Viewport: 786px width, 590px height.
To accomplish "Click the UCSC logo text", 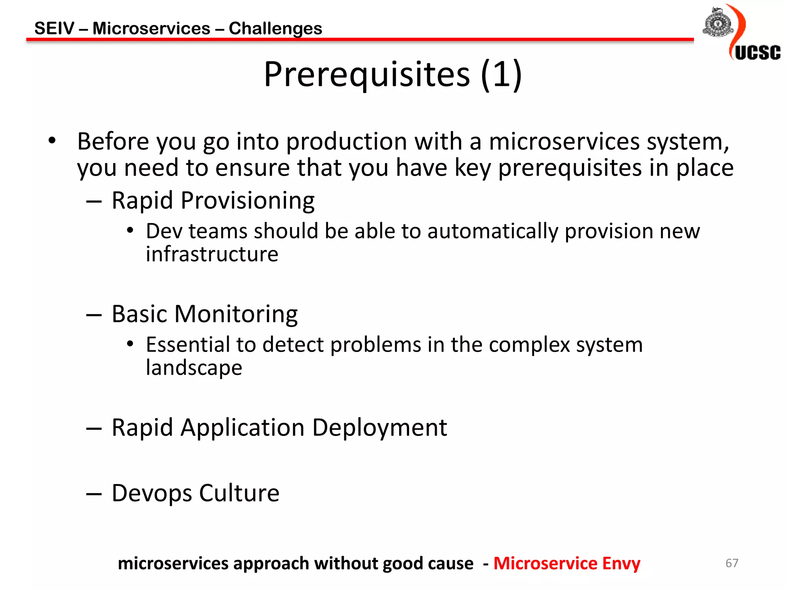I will click(757, 53).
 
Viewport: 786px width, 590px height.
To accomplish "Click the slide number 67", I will click(732, 563).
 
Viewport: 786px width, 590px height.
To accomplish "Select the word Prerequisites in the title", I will click(367, 74).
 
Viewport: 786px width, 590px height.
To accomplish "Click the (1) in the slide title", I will click(501, 74).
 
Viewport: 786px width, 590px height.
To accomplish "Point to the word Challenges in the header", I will click(275, 28).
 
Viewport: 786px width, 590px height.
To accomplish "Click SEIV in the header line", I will click(54, 28).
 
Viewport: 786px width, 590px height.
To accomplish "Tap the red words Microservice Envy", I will click(566, 563).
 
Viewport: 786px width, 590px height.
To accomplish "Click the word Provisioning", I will click(248, 201).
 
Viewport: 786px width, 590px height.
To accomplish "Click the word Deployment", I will click(379, 428).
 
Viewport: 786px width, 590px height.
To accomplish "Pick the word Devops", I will click(152, 493).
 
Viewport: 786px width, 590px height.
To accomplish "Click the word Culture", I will click(239, 493).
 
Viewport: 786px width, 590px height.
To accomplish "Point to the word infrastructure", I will click(212, 254).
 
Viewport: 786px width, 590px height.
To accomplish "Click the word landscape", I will click(194, 368).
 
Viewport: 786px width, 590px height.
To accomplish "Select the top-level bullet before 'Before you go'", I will click(52, 141).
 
